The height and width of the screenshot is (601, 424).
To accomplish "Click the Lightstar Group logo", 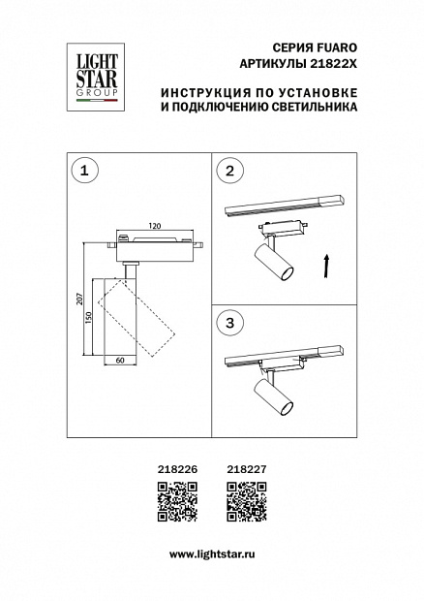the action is [96, 78].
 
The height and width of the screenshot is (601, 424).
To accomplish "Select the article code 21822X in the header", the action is [333, 64].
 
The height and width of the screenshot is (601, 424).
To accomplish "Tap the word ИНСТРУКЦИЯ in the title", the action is [204, 93].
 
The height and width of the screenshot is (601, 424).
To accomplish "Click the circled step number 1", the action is [85, 170].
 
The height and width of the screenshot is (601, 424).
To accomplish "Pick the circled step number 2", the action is [229, 170].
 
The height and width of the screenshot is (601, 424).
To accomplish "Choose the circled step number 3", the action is [229, 323].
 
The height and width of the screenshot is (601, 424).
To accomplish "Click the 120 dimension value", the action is [155, 226].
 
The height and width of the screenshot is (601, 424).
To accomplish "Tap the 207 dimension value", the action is [79, 299].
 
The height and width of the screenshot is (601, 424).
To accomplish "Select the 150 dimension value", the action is [88, 317].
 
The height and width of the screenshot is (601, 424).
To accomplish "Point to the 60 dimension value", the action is [120, 361].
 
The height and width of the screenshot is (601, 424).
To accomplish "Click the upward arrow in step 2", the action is [326, 266].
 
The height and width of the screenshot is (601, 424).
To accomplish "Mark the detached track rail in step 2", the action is [286, 204].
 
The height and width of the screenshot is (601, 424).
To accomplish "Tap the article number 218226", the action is [177, 469].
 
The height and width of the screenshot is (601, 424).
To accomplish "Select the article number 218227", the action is [247, 469].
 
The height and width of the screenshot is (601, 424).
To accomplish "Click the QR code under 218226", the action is [177, 502].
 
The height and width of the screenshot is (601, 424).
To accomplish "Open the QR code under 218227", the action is [247, 502].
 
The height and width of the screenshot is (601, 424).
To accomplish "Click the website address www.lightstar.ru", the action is [212, 554].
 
